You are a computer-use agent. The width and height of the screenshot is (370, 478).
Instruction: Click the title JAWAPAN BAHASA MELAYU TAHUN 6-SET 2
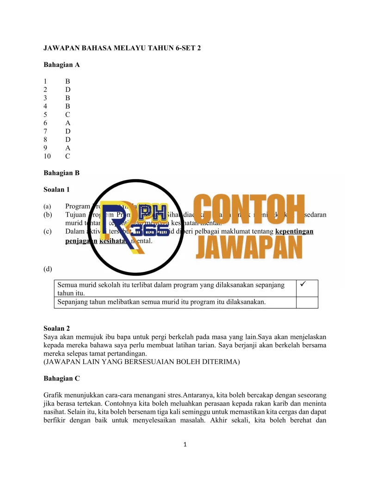[x=122, y=48]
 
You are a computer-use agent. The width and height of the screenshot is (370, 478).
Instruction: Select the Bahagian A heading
[x=62, y=65]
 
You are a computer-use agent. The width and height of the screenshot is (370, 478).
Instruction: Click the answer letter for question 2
[x=68, y=90]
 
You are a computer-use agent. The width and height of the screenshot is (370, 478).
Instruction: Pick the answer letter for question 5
[x=68, y=115]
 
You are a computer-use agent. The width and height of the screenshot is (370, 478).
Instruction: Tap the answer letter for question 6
[x=68, y=123]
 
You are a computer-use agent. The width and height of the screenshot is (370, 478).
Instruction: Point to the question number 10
[x=48, y=156]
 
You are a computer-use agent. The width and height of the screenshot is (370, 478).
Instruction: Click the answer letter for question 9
[x=68, y=148]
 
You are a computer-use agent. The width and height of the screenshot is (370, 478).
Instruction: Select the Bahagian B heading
[x=62, y=173]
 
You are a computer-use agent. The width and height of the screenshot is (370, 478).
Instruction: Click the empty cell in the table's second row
[x=307, y=303]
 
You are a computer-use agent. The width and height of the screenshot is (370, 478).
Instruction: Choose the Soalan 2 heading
[x=57, y=328]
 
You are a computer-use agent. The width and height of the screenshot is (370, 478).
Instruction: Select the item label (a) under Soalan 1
[x=48, y=206]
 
